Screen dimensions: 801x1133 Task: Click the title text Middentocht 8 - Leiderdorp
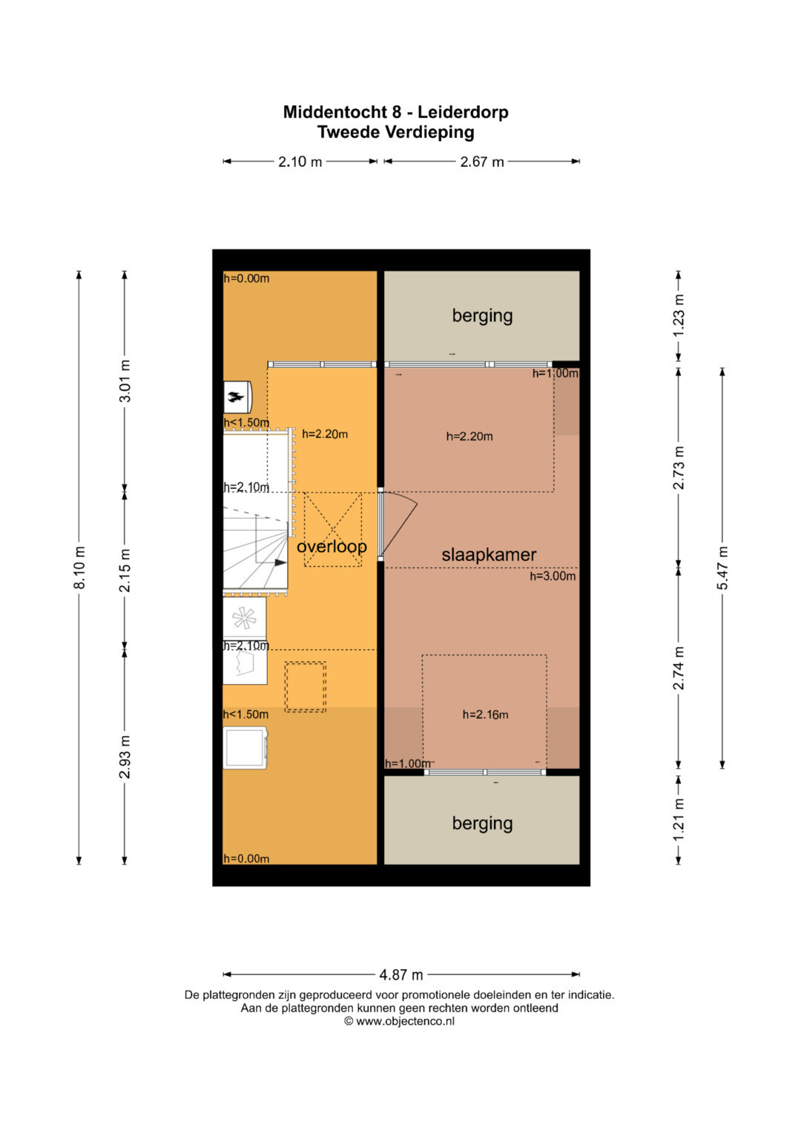click(x=395, y=112)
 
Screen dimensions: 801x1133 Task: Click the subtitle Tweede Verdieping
click(x=395, y=132)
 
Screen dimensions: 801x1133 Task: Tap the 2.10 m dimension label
click(x=300, y=161)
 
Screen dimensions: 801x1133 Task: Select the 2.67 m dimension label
click(x=482, y=161)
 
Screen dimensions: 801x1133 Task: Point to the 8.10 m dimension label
click(x=79, y=568)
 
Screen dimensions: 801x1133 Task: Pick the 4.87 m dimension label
click(x=401, y=974)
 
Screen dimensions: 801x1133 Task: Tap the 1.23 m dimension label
click(x=679, y=315)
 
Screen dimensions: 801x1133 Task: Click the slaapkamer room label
click(x=489, y=555)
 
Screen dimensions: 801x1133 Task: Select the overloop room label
click(x=332, y=546)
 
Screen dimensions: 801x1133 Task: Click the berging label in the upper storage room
click(x=482, y=315)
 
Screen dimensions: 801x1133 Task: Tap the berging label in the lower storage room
click(x=482, y=823)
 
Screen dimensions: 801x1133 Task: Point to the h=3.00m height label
click(x=553, y=576)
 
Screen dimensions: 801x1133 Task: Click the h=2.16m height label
click(x=486, y=715)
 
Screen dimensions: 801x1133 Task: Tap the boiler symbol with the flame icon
click(x=237, y=396)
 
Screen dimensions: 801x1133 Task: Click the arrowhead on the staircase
click(x=281, y=562)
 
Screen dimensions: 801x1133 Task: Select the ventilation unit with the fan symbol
click(x=245, y=617)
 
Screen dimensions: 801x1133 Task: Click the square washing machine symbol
click(x=245, y=748)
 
